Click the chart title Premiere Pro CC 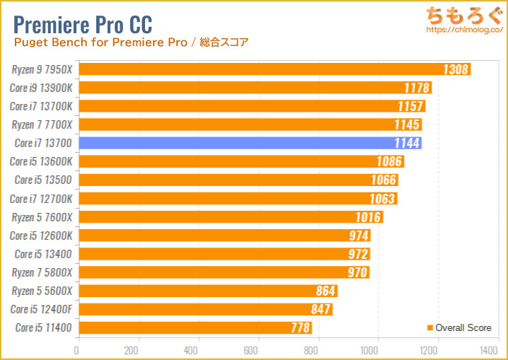point(83,23)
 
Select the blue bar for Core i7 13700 point(249,143)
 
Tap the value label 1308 point(456,69)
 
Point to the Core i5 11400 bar point(194,327)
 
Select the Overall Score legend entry point(460,327)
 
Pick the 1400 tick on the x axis point(487,349)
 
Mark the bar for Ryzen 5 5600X point(207,291)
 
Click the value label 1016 point(368,217)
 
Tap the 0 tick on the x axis point(77,349)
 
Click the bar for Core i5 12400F point(204,309)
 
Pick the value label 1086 point(388,161)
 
